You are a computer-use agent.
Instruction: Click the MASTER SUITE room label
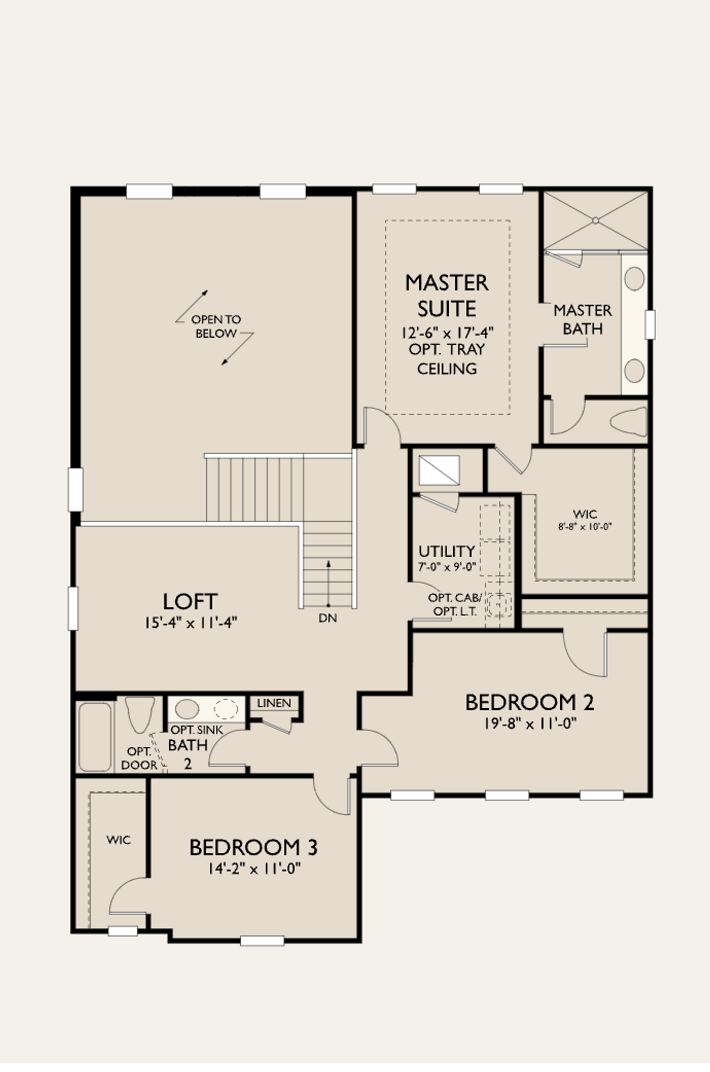pyautogui.click(x=447, y=296)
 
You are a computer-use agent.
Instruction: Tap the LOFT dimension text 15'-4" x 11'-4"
pyautogui.click(x=191, y=623)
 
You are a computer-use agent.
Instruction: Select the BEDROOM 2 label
pyautogui.click(x=529, y=703)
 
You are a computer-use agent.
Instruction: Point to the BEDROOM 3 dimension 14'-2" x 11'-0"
pyautogui.click(x=254, y=868)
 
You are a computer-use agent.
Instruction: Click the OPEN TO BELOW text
pyautogui.click(x=216, y=326)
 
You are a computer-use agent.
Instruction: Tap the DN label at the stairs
pyautogui.click(x=328, y=618)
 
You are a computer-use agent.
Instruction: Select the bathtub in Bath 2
pyautogui.click(x=95, y=737)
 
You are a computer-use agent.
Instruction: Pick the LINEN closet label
pyautogui.click(x=274, y=703)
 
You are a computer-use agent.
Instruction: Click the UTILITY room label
pyautogui.click(x=447, y=551)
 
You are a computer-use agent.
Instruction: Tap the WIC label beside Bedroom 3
pyautogui.click(x=119, y=840)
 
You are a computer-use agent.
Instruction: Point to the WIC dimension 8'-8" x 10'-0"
pyautogui.click(x=585, y=527)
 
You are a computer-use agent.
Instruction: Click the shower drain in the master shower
pyautogui.click(x=595, y=221)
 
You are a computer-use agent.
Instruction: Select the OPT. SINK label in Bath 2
pyautogui.click(x=196, y=730)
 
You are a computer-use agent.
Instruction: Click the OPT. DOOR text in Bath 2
pyautogui.click(x=139, y=758)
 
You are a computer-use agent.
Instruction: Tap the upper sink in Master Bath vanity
pyautogui.click(x=635, y=278)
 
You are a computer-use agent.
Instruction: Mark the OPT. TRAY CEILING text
pyautogui.click(x=447, y=358)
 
